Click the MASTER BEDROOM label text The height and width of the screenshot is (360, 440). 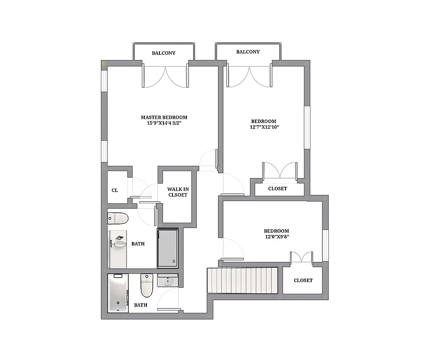(x=164, y=117)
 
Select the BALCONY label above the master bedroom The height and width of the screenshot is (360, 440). (x=163, y=53)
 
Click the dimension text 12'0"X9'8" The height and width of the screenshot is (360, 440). (x=277, y=237)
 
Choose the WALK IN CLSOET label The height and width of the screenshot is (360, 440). (x=177, y=192)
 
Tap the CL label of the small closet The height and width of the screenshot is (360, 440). (x=115, y=190)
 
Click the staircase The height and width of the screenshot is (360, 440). (x=242, y=281)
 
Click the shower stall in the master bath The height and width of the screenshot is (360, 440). (x=168, y=248)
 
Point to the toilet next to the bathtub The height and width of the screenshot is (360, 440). (x=147, y=286)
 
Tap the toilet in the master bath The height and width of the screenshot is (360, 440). (x=118, y=219)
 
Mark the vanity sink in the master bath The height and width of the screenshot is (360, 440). (x=119, y=243)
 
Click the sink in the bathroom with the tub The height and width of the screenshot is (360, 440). (x=168, y=281)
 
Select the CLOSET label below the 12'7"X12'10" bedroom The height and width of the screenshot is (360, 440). (x=277, y=189)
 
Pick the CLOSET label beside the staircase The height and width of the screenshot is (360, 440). (x=303, y=280)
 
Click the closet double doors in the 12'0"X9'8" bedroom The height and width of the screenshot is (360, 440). (x=301, y=257)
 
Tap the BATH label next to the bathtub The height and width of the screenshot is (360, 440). (x=141, y=305)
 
